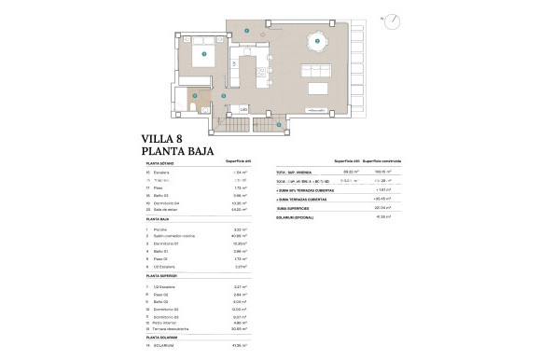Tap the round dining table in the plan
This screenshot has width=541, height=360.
coord(317,41)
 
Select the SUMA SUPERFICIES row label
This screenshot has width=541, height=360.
coord(293,208)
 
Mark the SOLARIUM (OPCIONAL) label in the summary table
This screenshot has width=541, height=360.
coord(297,216)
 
